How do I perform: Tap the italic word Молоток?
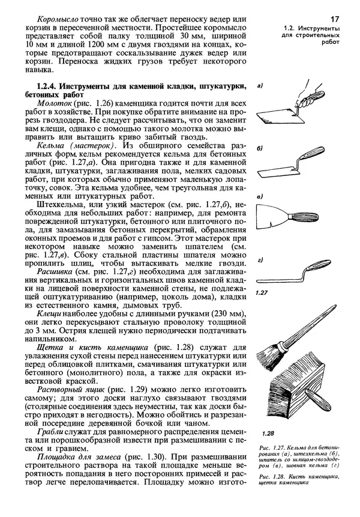pyautogui.click(x=54, y=104)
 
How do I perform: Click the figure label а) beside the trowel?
pyautogui.click(x=260, y=86)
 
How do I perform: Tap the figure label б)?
pyautogui.click(x=260, y=148)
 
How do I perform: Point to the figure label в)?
pyautogui.click(x=259, y=196)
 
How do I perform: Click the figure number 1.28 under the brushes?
pyautogui.click(x=268, y=432)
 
